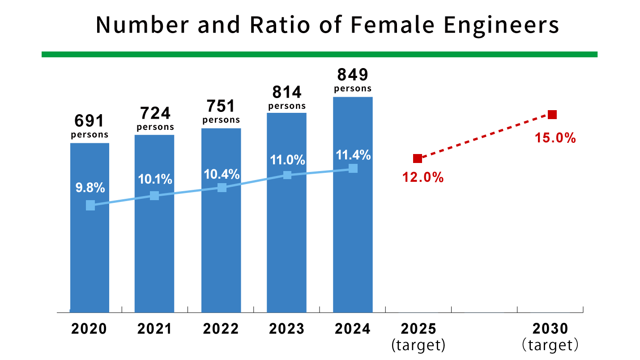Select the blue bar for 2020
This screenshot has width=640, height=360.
[x=90, y=251]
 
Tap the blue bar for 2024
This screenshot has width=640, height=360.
[x=353, y=242]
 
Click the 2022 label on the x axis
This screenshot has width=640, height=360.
[x=221, y=329]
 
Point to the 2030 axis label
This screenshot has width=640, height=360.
[x=550, y=329]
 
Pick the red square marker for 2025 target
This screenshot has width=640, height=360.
[x=417, y=159]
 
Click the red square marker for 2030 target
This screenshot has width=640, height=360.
[x=552, y=115]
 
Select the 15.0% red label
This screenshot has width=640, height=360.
[x=555, y=138]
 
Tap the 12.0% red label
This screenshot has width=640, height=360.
[x=423, y=178]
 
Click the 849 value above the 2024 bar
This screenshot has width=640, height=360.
[x=353, y=74]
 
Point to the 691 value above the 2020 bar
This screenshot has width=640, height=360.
[x=90, y=120]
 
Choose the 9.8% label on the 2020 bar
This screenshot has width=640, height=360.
[x=90, y=188]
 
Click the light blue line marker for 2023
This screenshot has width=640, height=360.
[x=287, y=175]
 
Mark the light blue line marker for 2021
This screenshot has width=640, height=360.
[x=154, y=196]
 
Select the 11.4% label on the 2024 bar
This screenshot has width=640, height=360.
[x=353, y=155]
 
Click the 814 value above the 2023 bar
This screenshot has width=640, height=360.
[x=287, y=92]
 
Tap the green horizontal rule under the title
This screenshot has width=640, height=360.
[x=320, y=54]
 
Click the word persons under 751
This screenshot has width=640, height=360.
[x=221, y=120]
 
